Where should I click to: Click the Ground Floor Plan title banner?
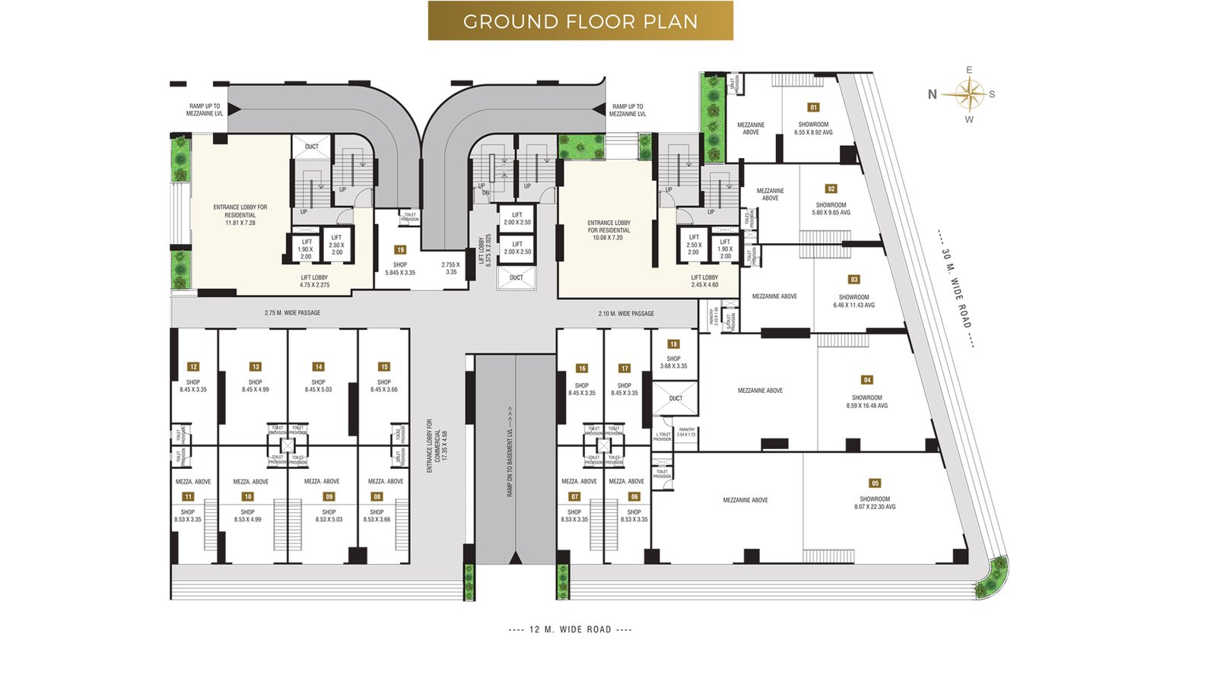point(580,21)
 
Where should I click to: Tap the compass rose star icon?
point(969,94)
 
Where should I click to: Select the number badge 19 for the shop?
point(400,249)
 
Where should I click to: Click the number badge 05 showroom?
point(875,483)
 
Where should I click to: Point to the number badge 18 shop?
point(673,344)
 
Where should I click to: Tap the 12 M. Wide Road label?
point(570,629)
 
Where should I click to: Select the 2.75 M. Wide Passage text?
point(292,313)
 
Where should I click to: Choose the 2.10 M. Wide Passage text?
point(626,313)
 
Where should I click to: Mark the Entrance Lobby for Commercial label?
point(437,447)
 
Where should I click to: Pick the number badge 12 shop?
point(193,366)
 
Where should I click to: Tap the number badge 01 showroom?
point(813,108)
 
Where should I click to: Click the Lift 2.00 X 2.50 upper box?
point(517,218)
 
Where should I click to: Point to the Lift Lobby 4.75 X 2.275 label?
point(314,281)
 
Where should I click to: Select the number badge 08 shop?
point(377,496)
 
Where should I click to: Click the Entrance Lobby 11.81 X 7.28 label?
point(240,215)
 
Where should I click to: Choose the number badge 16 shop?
point(582,368)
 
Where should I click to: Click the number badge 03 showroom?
point(854,280)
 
